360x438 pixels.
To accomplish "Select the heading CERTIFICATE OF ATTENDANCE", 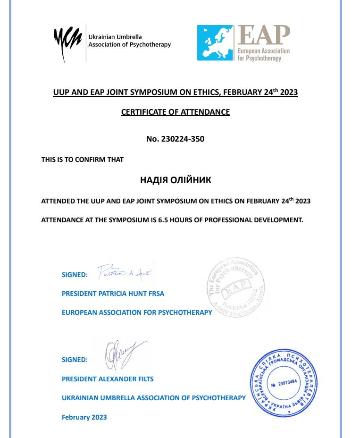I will pyautogui.click(x=176, y=112).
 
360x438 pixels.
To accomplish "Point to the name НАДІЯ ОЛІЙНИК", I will pyautogui.click(x=176, y=181).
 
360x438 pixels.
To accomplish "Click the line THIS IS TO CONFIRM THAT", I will pyautogui.click(x=83, y=160).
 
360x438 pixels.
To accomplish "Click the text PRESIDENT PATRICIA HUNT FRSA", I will pyautogui.click(x=113, y=294).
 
